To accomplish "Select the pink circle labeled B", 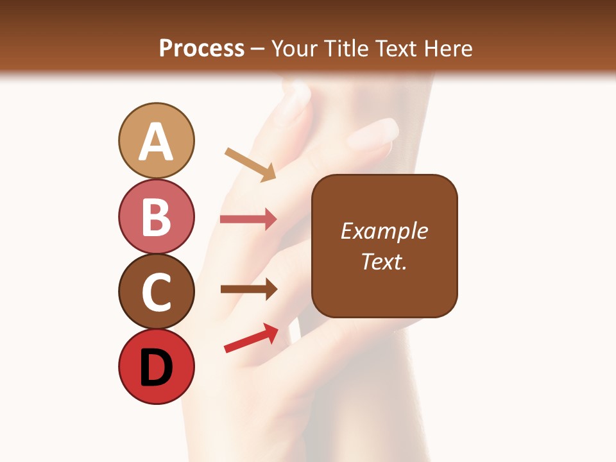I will pyautogui.click(x=156, y=217).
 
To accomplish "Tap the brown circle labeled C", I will pyautogui.click(x=156, y=292).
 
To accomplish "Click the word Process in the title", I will pyautogui.click(x=201, y=48).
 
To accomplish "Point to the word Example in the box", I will pyautogui.click(x=384, y=231).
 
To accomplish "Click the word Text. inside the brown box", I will pyautogui.click(x=384, y=261).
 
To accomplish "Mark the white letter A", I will pyautogui.click(x=156, y=142).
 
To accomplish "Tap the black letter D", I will pyautogui.click(x=156, y=368).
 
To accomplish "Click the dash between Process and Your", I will pyautogui.click(x=257, y=49).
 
